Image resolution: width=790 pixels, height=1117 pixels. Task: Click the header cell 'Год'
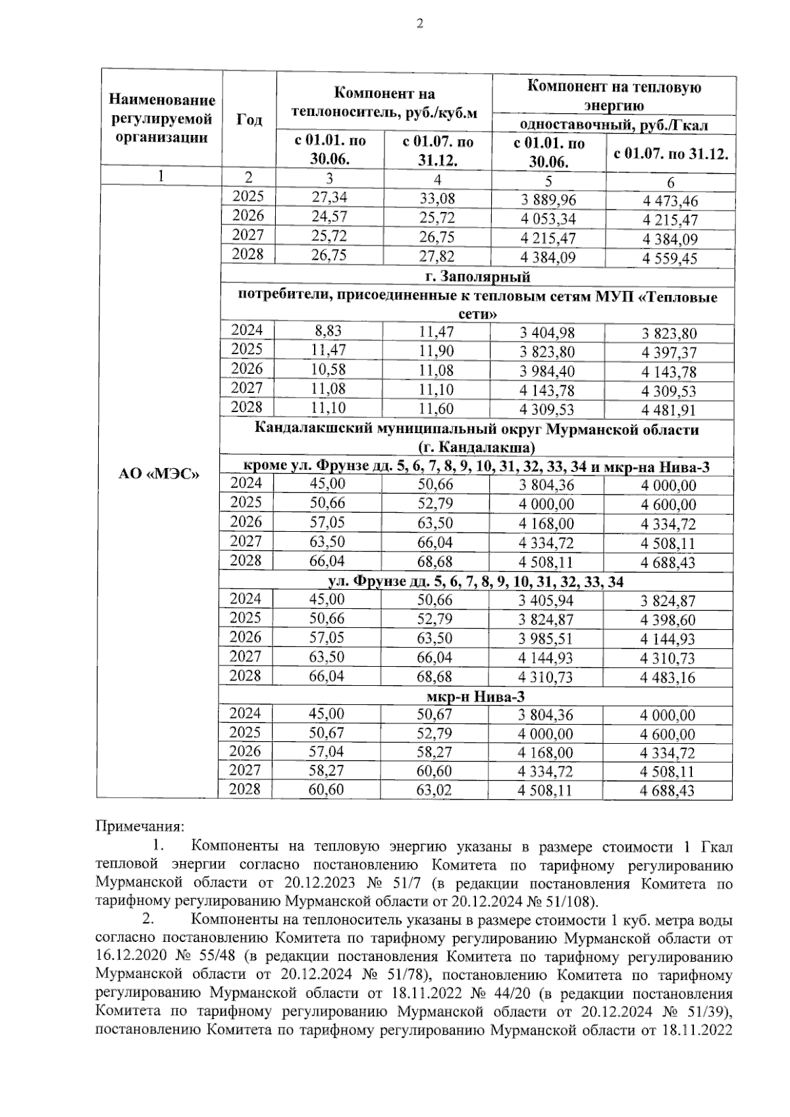pos(249,119)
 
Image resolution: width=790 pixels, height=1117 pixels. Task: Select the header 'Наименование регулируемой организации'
pos(162,118)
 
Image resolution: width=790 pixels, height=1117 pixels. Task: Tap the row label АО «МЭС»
pos(159,474)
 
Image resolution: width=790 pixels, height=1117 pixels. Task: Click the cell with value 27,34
pos(329,197)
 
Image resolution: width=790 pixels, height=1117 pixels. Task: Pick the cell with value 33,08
pos(437,199)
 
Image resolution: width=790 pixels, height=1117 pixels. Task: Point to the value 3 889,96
pos(546,199)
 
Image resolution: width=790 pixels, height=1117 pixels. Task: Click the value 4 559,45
pos(670,259)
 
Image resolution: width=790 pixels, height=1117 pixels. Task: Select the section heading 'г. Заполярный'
pos(478,276)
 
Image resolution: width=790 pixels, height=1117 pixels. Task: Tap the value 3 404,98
pos(546,333)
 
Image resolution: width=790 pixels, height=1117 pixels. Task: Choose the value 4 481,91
pos(669,410)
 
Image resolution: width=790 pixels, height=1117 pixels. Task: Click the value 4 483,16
pos(668,677)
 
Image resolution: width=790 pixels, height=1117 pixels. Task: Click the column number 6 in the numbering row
pos(670,182)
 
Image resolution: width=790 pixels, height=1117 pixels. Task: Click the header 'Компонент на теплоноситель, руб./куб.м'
pos(384,103)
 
